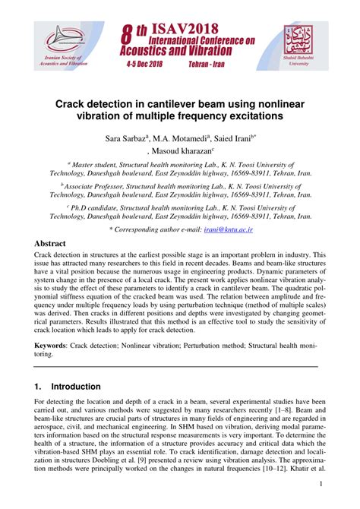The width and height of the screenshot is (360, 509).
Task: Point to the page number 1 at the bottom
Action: pyautogui.click(x=322, y=485)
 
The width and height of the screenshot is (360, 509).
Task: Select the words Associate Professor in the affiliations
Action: pyautogui.click(x=98, y=184)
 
